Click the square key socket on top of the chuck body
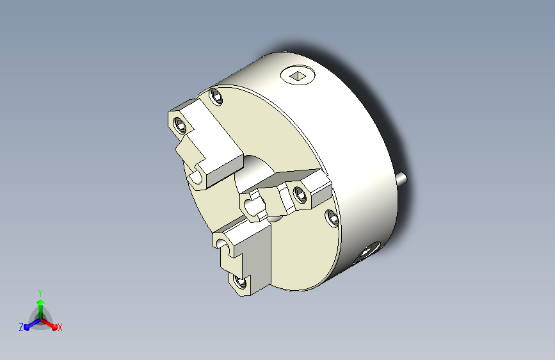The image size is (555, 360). [298, 76]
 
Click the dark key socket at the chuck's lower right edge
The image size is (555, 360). [367, 252]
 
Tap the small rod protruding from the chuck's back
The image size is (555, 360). [402, 179]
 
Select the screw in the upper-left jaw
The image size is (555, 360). [180, 125]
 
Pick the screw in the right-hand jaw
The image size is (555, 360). [300, 194]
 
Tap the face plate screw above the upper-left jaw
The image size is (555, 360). [216, 96]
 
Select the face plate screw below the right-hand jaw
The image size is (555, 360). [332, 217]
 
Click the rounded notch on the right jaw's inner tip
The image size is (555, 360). [250, 206]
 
